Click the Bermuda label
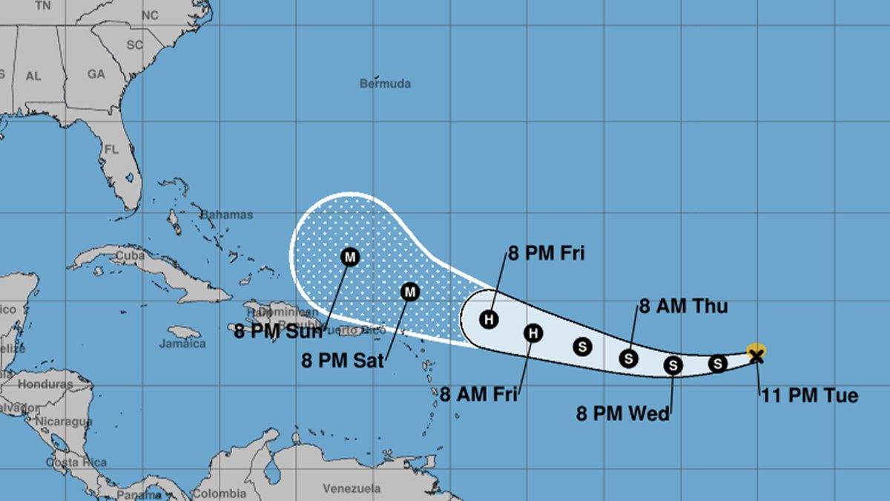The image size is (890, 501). (385, 84)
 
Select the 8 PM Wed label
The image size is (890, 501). (623, 413)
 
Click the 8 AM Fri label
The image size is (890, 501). (478, 394)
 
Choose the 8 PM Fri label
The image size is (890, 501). (546, 254)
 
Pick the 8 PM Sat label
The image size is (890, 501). (343, 361)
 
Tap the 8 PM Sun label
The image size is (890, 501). (278, 331)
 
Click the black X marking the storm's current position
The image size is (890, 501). (756, 357)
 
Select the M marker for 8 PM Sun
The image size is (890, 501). (349, 257)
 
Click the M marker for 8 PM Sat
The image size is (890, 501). (409, 292)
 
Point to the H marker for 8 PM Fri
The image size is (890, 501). (489, 320)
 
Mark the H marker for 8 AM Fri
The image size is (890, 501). (533, 333)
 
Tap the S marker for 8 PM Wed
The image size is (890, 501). (673, 364)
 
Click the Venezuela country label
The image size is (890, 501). (352, 488)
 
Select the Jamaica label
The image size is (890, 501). (182, 344)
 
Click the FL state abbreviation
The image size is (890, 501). (111, 149)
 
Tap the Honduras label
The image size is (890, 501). (45, 384)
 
